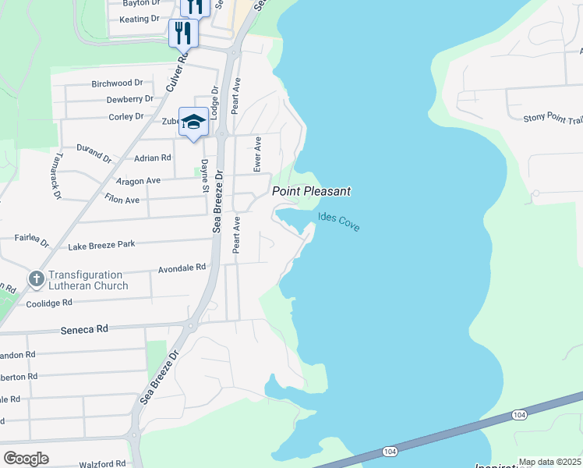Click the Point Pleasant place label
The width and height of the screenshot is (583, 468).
311,191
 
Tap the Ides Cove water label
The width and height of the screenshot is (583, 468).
339,222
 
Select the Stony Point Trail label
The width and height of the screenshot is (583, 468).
553,119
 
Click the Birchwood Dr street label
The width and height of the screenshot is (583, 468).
117,83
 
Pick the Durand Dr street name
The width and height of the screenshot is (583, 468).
94,151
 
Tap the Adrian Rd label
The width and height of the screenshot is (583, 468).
153,158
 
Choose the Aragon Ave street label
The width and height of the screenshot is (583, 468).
138,181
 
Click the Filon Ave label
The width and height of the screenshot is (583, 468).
122,200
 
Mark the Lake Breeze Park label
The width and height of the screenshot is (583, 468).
101,245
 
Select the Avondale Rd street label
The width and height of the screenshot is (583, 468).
182,268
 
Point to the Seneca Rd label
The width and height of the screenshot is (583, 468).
84,330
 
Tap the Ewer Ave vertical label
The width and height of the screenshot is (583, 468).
257,154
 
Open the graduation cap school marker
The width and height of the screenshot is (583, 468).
193,122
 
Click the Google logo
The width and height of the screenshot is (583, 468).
26,459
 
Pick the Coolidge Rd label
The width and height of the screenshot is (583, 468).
49,303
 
